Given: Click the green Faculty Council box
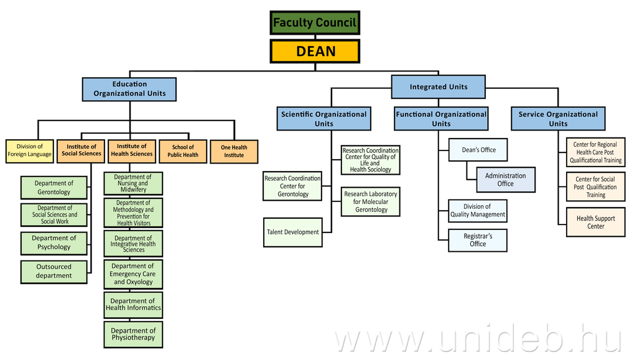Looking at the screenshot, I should tap(315, 23).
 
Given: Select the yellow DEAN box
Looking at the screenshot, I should tap(315, 51).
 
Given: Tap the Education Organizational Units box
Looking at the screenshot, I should tap(129, 89).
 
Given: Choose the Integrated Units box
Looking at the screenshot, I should tap(438, 86).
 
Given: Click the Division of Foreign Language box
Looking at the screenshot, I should tap(29, 150).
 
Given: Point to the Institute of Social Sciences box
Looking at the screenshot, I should tap(81, 150).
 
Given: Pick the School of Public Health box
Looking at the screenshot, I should tap(183, 151).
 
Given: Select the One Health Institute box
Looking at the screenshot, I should tap(234, 151).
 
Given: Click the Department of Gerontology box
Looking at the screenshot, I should tap(53, 188).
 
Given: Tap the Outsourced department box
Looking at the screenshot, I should tap(53, 272).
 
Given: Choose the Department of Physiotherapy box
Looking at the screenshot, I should tap(133, 335).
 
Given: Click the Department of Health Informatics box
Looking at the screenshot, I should tap(133, 305).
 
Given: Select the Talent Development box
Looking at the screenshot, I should tap(293, 232).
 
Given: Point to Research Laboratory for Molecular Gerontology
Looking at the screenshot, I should tap(371, 202).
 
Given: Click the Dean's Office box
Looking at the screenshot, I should tap(478, 150).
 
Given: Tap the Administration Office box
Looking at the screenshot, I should tap(505, 180).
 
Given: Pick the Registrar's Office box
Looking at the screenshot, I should tap(478, 240).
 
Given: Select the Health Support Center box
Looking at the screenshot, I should tap(595, 222).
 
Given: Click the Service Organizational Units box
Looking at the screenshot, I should tap(557, 119).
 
